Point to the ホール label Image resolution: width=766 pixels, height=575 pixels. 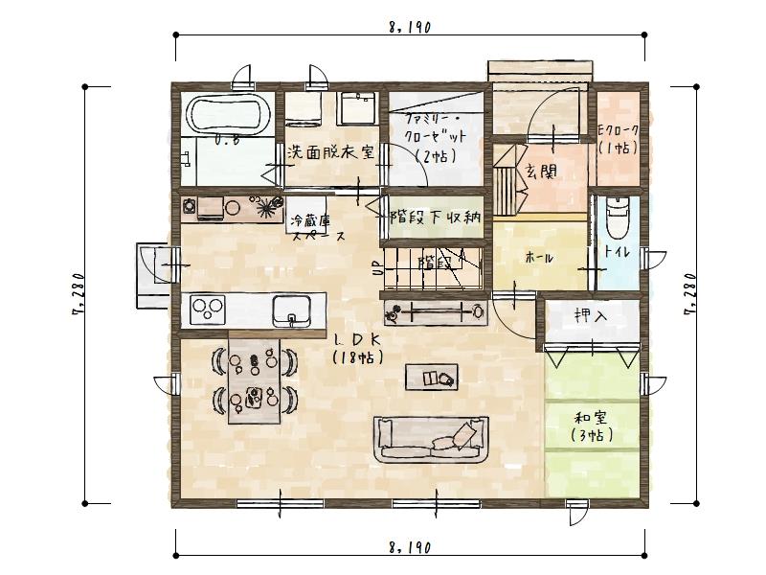pos(539,258)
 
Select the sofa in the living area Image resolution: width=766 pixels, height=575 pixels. pos(431,440)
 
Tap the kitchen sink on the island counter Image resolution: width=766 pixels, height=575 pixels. pos(290,310)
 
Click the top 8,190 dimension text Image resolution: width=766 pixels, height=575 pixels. pos(409,28)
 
